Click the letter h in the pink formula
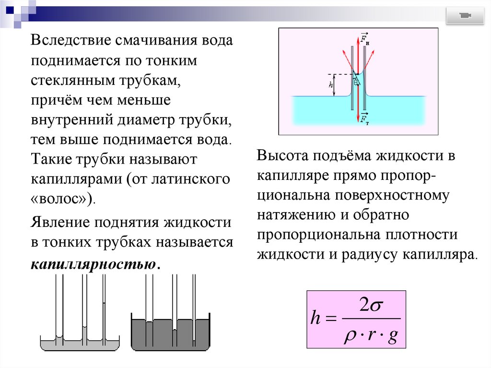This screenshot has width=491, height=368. (315, 319)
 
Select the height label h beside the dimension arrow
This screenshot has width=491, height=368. (331, 85)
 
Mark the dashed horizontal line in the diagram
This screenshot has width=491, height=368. (340, 74)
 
